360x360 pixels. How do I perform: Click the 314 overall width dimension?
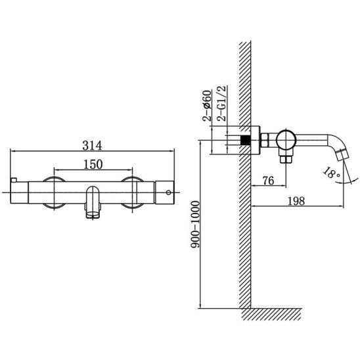(x=92, y=146)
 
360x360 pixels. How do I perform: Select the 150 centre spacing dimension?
(x=93, y=165)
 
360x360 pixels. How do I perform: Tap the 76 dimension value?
(x=269, y=181)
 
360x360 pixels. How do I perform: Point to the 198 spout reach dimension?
(x=296, y=201)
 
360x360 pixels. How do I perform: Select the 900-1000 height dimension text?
(x=196, y=224)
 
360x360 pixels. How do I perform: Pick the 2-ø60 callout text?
(x=207, y=106)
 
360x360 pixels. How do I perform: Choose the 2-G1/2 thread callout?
(x=222, y=103)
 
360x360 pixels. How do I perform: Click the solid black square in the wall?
(x=246, y=140)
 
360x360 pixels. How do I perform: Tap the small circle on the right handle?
(x=169, y=192)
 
